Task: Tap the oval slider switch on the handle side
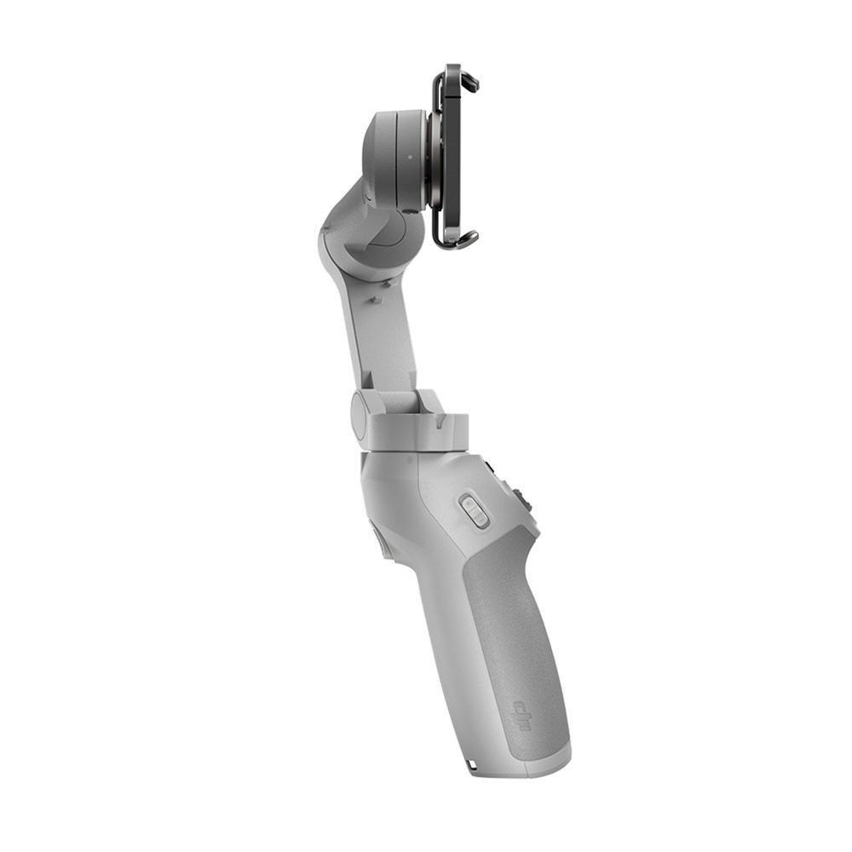click(475, 510)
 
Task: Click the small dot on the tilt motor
click(410, 156)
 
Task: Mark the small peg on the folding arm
click(374, 299)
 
